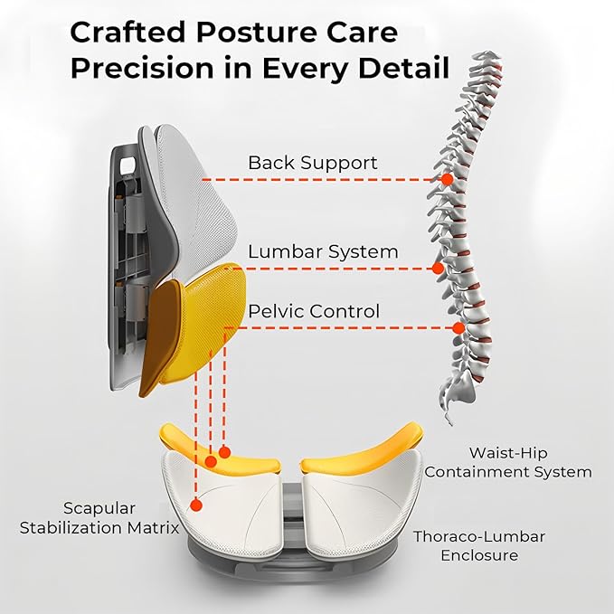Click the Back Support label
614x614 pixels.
(x=313, y=164)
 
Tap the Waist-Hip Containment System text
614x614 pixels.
(x=508, y=462)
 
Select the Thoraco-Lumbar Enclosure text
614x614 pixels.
(x=479, y=545)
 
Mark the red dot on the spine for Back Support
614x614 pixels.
(x=446, y=180)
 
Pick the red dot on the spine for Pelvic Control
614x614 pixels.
(x=458, y=327)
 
